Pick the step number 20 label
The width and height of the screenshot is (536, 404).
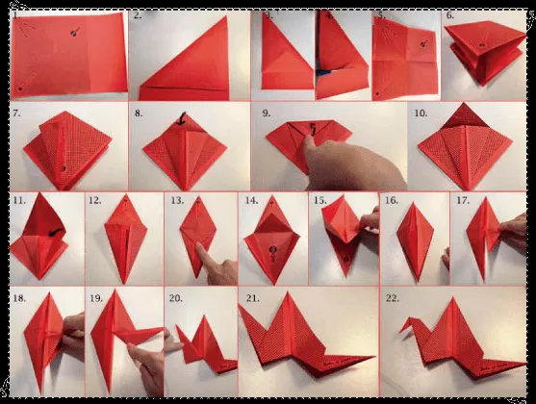[x=174, y=298]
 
